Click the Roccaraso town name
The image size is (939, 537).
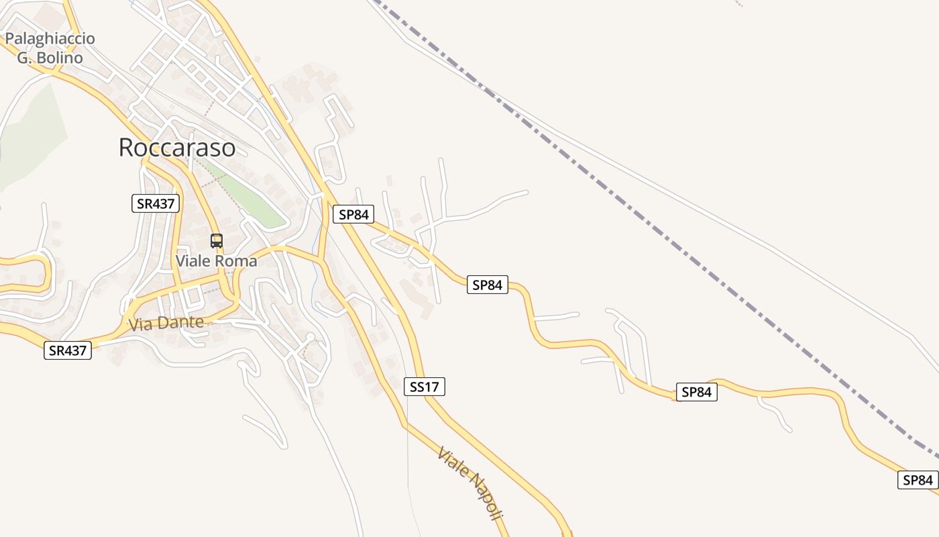coord(177,148)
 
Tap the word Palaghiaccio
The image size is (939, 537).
coord(50,38)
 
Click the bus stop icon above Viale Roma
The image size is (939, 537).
coord(217,240)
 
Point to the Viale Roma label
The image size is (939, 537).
coord(216,260)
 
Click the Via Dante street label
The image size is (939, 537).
coord(166,324)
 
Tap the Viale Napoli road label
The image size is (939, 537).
coord(470,483)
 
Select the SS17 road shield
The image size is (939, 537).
coord(425,387)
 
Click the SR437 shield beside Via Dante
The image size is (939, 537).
coord(68,350)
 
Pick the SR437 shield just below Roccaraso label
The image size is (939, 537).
coord(156,203)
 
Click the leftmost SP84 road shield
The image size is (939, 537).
coord(353,215)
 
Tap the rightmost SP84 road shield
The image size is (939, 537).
coord(918,480)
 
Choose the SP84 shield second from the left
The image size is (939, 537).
coord(488,285)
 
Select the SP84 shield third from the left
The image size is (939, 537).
coord(696,392)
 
